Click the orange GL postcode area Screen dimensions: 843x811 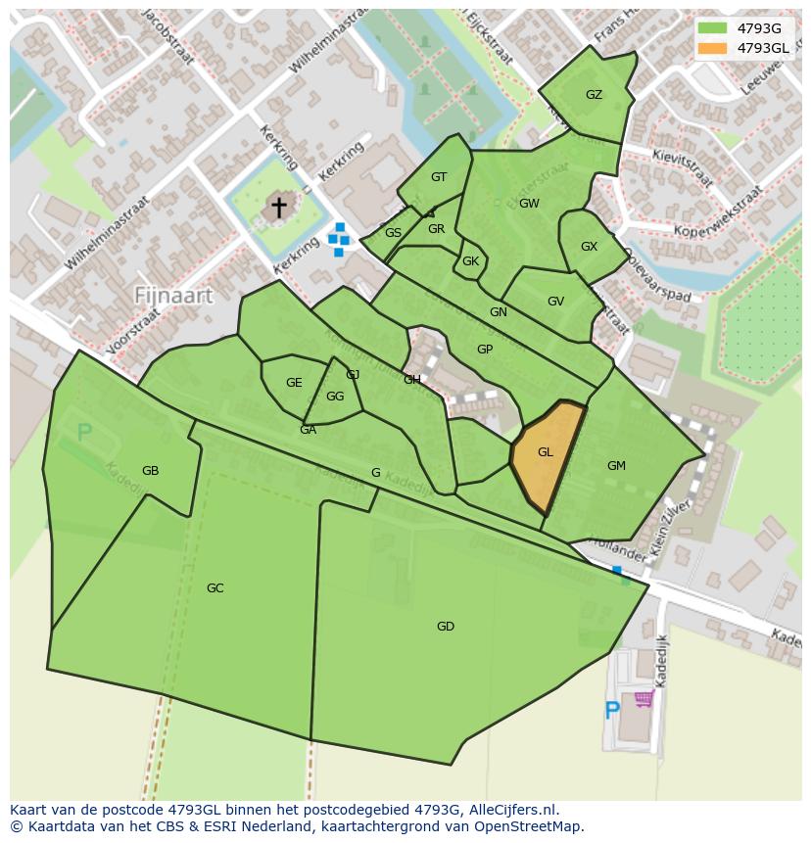[x=547, y=452]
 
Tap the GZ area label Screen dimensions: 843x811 [x=594, y=95]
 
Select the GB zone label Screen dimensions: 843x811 [x=150, y=471]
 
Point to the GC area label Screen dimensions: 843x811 [x=215, y=588]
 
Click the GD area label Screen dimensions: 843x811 [x=446, y=627]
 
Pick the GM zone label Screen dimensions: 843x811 [x=616, y=466]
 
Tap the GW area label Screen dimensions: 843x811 [x=529, y=204]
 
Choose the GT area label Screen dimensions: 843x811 [x=439, y=177]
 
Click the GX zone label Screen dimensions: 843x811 [x=589, y=247]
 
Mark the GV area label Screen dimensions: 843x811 [x=555, y=302]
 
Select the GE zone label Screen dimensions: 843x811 [x=294, y=383]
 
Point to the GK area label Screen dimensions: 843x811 [x=470, y=261]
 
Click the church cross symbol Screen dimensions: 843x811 [x=279, y=207]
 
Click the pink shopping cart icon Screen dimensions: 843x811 [x=644, y=698]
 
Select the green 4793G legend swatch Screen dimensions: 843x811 [x=712, y=28]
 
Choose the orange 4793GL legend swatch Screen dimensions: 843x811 [x=712, y=48]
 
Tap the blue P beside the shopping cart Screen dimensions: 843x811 [x=612, y=711]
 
